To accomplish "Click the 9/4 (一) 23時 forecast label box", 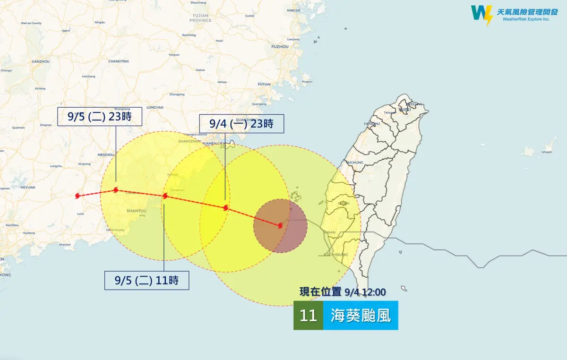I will click(241, 124).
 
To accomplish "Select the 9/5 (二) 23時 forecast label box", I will click(100, 117).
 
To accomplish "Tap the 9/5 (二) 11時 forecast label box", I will click(146, 280).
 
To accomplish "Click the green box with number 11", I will click(308, 316).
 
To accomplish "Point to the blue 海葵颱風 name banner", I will click(361, 316).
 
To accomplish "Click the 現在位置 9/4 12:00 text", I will click(342, 292).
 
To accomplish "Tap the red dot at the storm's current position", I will click(280, 226).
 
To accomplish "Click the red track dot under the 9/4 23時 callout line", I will click(226, 208).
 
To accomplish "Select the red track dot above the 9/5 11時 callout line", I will click(165, 196).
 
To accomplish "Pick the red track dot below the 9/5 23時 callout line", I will click(116, 190).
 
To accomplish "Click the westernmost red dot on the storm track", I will click(78, 196).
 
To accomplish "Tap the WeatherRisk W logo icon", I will click(481, 15).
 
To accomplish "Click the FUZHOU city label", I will click(280, 47).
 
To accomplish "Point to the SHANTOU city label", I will click(137, 211).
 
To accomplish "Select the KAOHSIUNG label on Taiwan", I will click(336, 255).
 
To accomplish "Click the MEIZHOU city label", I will click(106, 154).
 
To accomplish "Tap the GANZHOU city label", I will click(41, 61).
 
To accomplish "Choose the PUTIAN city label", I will click(264, 85).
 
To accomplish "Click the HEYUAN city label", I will click(28, 187).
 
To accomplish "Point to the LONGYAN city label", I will click(155, 107).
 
